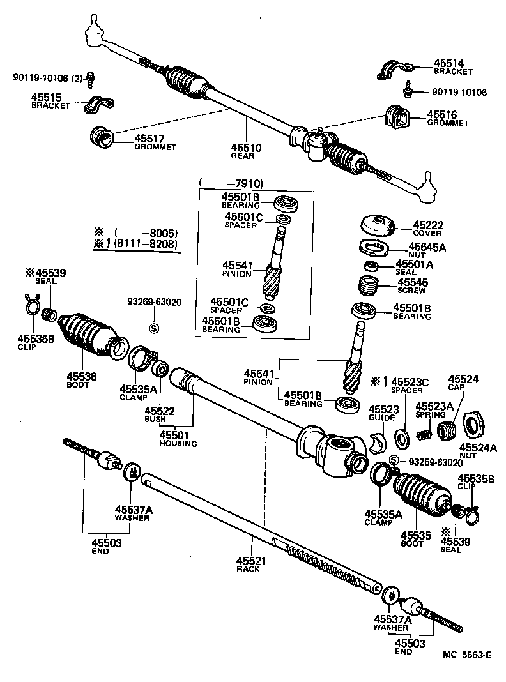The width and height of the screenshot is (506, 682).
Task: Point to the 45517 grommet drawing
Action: click(103, 136)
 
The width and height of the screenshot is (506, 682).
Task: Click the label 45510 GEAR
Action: click(246, 151)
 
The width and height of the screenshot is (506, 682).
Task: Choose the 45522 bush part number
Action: click(155, 411)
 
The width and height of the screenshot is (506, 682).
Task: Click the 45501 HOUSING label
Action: click(178, 439)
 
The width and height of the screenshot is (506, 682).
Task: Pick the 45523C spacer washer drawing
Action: click(403, 438)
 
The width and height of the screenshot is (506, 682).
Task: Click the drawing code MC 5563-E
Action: click(468, 655)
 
